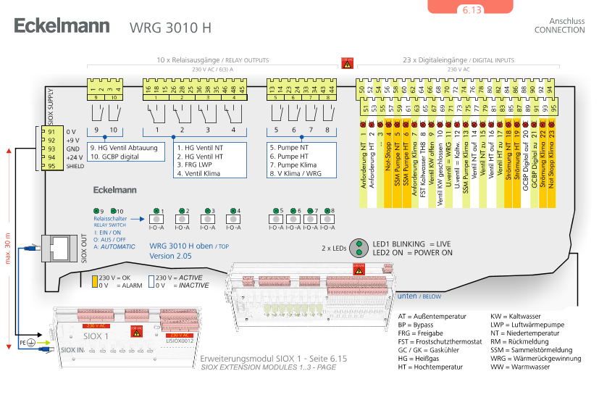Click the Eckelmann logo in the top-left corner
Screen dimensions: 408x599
pos(62,26)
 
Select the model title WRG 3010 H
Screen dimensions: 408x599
pos(170,28)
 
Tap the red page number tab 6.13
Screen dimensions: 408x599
pos(471,9)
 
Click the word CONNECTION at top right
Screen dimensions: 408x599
pos(559,30)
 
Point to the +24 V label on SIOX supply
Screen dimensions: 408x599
pos(72,157)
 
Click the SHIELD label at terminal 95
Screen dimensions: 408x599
pos(75,166)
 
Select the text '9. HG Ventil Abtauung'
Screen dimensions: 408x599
pos(123,148)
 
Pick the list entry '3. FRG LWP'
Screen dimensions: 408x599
pos(193,165)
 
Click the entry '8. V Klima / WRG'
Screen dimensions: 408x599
pos(294,173)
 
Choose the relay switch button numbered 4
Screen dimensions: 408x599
pos(234,219)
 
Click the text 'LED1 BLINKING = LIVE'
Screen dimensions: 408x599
pos(412,244)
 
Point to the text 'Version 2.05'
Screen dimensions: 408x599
pos(170,256)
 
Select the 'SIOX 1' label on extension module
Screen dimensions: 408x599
pos(97,336)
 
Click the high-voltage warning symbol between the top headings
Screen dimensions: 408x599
pos(348,64)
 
